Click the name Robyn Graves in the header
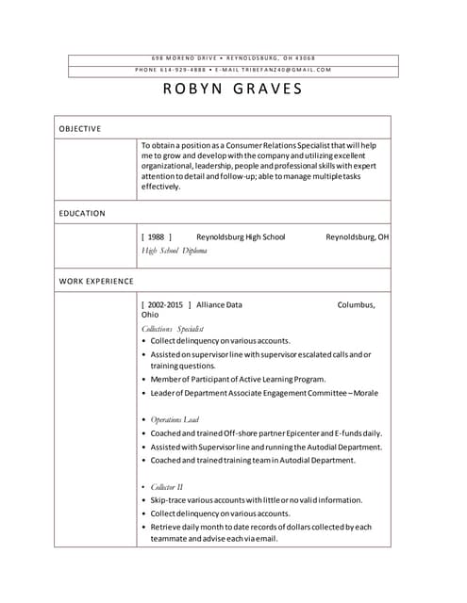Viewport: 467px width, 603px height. coord(233,90)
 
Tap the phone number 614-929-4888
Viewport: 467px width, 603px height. coord(184,70)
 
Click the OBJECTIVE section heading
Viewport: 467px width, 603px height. coord(80,128)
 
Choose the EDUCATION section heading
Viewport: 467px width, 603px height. coord(82,213)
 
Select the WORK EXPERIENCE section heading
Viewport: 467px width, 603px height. coord(96,281)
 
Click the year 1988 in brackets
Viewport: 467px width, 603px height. coord(156,237)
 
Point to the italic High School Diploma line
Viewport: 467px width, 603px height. coord(174,251)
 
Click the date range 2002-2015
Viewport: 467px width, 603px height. coord(165,305)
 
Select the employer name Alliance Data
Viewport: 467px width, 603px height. coord(219,305)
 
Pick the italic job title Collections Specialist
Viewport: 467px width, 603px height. coord(173,329)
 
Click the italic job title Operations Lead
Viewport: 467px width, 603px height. coord(175,419)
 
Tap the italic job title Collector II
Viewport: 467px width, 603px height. coord(167,487)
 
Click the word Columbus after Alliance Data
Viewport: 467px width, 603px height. coord(356,305)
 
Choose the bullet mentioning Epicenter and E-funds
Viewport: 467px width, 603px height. coord(266,433)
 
